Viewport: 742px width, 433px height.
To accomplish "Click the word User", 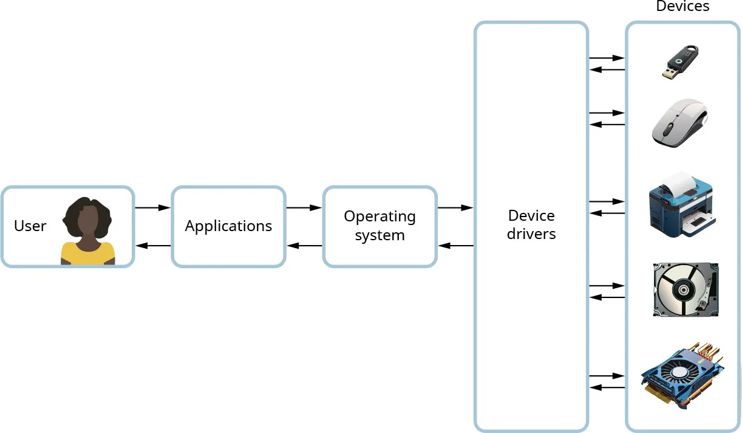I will point(30,226).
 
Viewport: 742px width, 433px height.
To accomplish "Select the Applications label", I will point(228,226).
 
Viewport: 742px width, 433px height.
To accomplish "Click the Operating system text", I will point(380,226).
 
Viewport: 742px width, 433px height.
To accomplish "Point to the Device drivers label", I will point(531,224).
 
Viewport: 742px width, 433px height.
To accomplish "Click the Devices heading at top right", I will point(682,7).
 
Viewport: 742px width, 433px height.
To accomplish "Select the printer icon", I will point(681,205).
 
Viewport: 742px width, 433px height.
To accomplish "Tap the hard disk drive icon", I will point(684,289).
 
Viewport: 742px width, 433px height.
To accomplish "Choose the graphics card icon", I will point(683,372).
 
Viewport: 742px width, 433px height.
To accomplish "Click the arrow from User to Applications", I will point(152,208).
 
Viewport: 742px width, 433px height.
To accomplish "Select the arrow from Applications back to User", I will point(152,246).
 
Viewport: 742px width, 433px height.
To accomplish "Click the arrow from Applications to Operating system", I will point(304,208).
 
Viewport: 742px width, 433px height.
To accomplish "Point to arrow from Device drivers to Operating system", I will point(455,246).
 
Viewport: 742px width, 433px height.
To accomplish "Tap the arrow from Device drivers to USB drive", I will point(607,58).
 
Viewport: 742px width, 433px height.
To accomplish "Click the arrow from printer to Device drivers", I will point(607,213).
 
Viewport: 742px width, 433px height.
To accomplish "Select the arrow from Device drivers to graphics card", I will point(607,376).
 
